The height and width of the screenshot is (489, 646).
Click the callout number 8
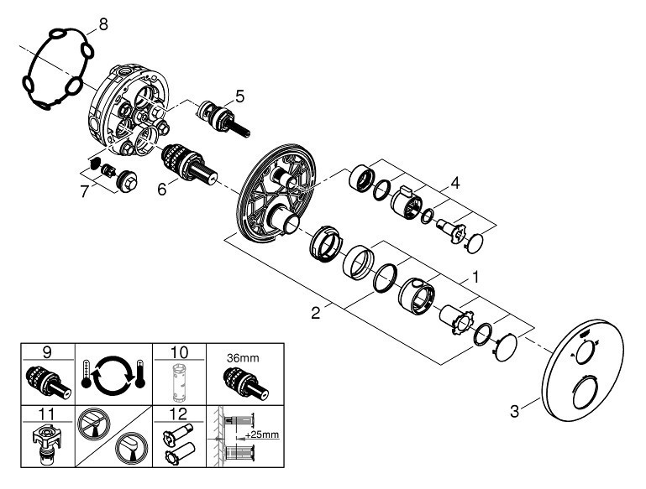click(x=103, y=24)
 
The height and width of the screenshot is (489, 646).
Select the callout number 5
click(x=239, y=96)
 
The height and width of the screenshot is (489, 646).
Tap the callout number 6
click(x=162, y=190)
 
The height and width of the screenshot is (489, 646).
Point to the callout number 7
click(x=85, y=191)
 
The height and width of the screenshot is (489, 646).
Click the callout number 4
click(x=454, y=183)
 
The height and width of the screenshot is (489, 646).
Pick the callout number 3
click(x=515, y=411)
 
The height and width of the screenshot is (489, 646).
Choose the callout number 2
click(x=316, y=313)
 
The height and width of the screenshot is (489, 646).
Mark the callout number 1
click(x=475, y=278)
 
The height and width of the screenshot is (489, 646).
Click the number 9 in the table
click(x=47, y=352)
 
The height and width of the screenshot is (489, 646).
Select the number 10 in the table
click(x=179, y=352)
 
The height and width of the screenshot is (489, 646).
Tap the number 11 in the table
click(x=47, y=414)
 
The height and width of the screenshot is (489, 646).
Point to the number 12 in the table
click(x=179, y=414)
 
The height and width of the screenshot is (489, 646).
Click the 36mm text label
click(x=243, y=358)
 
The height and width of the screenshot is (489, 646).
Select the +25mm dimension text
click(x=261, y=434)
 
